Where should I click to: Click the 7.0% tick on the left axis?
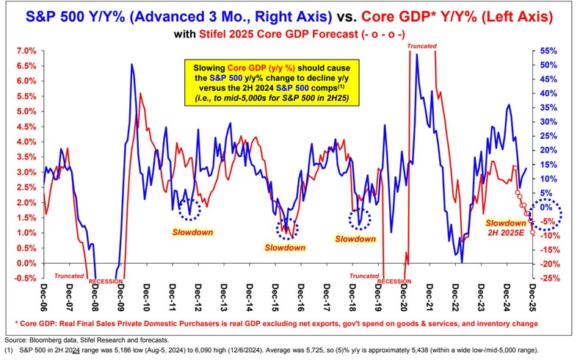tap(26, 51)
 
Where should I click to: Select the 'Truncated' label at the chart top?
tap(422, 47)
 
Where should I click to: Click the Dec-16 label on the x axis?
tap(302, 296)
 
